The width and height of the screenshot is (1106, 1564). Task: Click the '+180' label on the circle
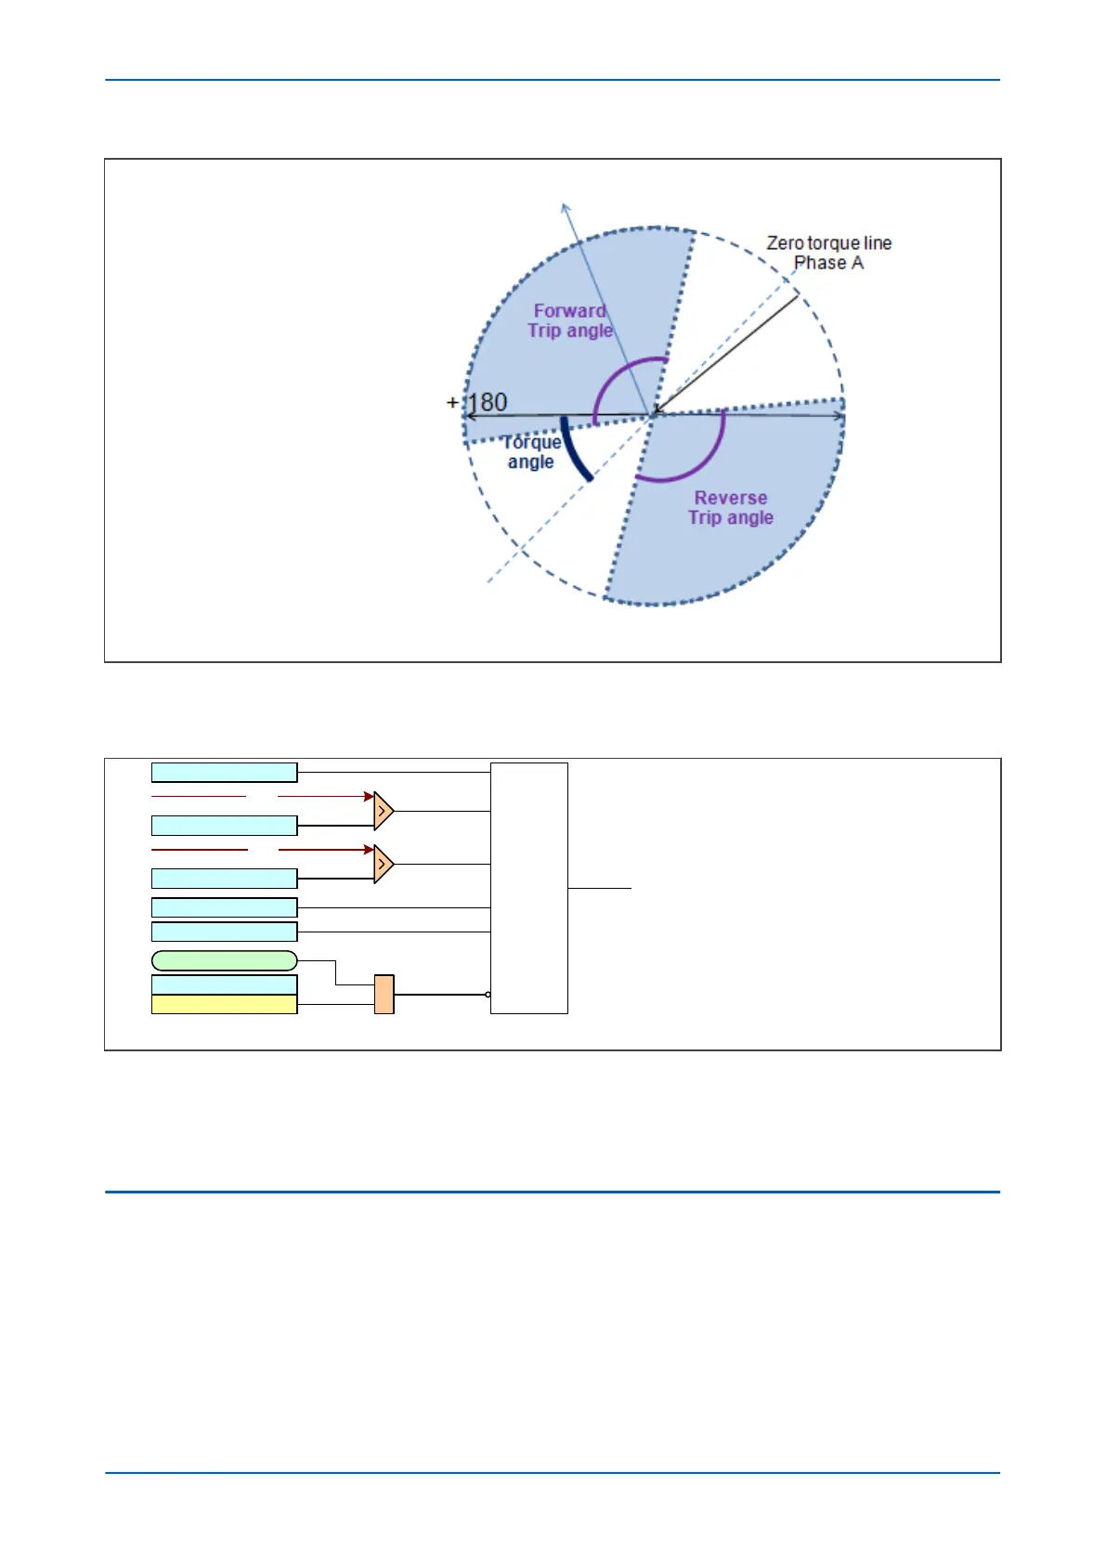(x=479, y=402)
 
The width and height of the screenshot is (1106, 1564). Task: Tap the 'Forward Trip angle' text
(x=570, y=320)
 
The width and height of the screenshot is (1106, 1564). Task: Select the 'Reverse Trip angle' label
(x=731, y=508)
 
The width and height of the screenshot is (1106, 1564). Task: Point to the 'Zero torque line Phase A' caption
(x=828, y=253)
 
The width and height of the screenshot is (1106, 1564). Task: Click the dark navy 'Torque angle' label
(x=531, y=452)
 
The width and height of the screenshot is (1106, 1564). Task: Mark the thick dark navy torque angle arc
(x=573, y=451)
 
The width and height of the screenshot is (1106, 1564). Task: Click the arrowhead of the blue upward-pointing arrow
(x=566, y=207)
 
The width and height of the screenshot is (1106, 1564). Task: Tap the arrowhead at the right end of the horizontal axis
(x=840, y=416)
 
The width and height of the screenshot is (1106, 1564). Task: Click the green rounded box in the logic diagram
(x=224, y=960)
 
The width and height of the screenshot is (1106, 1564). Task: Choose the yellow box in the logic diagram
(x=224, y=1004)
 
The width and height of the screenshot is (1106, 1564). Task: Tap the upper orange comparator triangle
(x=383, y=811)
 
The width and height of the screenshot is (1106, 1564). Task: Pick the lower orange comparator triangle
(x=383, y=865)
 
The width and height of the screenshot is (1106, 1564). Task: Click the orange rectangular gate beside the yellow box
(x=384, y=994)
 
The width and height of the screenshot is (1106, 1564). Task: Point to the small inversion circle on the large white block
(x=488, y=995)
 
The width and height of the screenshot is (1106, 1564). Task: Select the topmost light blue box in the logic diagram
(x=224, y=772)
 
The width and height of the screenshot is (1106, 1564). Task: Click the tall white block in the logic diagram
(x=528, y=888)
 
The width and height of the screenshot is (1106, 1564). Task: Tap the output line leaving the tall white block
(x=599, y=889)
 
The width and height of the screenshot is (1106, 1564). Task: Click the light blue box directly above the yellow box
(x=224, y=984)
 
